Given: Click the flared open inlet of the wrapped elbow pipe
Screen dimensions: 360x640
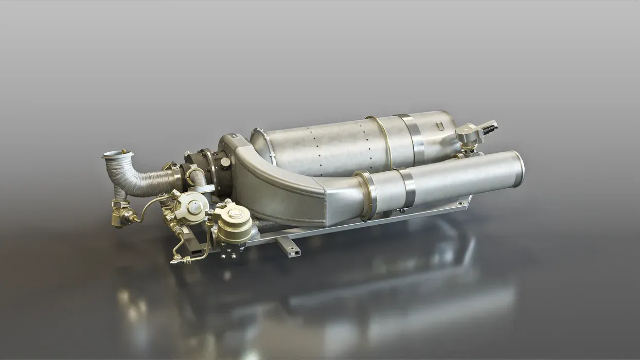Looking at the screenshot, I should pyautogui.click(x=118, y=153).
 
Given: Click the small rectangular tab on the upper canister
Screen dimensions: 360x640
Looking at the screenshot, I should pyautogui.click(x=439, y=125).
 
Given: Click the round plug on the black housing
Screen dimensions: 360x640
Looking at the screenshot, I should pyautogui.click(x=225, y=162).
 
